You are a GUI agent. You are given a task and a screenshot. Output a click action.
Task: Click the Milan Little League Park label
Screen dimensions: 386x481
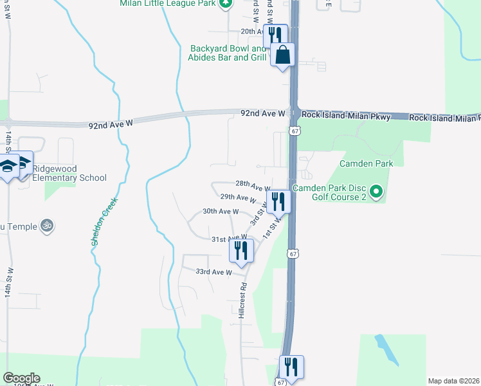click(x=167, y=4)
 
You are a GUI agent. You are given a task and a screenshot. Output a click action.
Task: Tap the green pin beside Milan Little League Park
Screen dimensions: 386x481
click(x=224, y=3)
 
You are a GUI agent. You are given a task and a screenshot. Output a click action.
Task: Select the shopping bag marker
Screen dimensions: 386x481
click(x=282, y=56)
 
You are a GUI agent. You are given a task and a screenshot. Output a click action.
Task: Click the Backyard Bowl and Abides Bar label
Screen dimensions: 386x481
click(x=228, y=53)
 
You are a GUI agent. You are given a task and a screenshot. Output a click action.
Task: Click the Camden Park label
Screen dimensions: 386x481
click(x=366, y=163)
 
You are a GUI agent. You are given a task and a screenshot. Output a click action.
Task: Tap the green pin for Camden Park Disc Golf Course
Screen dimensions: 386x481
click(x=377, y=191)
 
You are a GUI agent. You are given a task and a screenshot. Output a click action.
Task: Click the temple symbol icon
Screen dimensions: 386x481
click(x=46, y=225)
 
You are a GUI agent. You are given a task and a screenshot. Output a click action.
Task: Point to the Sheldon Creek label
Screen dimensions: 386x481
click(x=103, y=222)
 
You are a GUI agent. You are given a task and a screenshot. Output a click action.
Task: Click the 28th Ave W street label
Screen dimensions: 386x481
click(x=253, y=185)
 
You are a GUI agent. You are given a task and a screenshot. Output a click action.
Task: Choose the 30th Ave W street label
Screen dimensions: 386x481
click(x=221, y=211)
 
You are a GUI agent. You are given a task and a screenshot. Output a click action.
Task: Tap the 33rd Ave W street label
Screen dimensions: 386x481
click(x=213, y=272)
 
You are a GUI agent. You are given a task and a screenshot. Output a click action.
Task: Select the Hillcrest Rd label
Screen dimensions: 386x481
click(x=242, y=300)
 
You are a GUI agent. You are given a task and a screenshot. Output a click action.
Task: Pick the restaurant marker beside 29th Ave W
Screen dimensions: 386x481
click(x=278, y=201)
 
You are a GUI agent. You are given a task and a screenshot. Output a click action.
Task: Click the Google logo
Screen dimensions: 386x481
click(x=21, y=378)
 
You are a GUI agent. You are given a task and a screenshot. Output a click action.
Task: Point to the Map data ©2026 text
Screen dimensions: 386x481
click(x=453, y=381)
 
